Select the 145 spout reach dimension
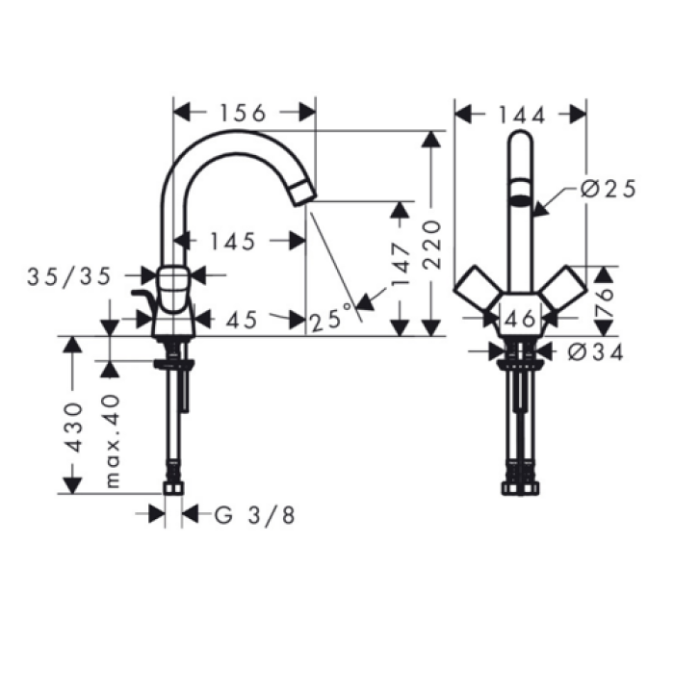click(234, 242)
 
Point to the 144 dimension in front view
click(522, 116)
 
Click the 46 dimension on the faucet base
click(519, 319)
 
